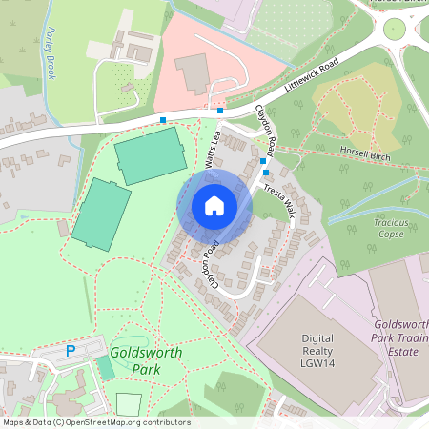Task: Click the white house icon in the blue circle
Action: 214,206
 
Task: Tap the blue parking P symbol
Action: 70,351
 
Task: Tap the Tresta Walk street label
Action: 278,201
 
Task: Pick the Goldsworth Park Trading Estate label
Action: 398,338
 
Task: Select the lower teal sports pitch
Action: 100,211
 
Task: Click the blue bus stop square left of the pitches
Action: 163,120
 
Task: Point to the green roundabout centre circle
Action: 394,30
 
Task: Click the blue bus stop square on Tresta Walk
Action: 265,173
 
